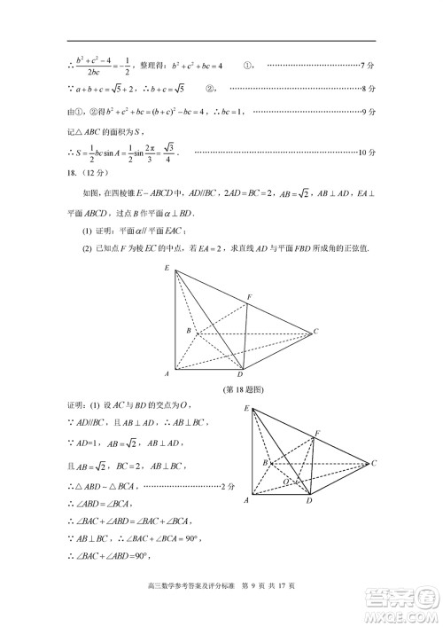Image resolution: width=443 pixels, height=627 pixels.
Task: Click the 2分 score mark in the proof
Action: coord(228,486)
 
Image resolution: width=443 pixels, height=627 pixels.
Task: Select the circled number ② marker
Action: coord(211,88)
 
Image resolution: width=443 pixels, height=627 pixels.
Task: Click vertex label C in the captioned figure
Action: coord(316,332)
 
